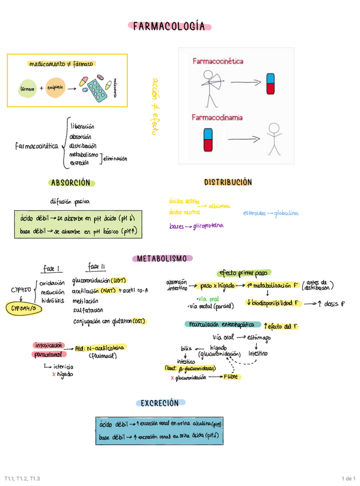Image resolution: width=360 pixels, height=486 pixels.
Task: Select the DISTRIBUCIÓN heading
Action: coord(228,182)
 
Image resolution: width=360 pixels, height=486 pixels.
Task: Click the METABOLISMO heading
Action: coord(161,258)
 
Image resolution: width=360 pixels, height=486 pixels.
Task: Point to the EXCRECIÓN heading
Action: coord(160,403)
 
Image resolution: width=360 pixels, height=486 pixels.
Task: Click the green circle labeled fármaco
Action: coord(27,89)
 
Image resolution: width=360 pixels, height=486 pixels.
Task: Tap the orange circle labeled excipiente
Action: coord(56,87)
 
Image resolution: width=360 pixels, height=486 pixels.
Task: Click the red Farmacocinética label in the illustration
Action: coord(218,61)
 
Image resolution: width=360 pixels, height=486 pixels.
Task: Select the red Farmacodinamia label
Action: coord(217,117)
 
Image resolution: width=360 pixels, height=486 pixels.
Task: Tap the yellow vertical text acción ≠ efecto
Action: coord(154,107)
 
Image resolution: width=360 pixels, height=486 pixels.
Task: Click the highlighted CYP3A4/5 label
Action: coord(24,308)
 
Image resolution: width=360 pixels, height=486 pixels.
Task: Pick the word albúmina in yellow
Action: coord(220,206)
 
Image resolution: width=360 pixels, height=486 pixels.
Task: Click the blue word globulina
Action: coord(286,213)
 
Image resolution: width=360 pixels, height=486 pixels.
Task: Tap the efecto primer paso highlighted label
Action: coord(243,273)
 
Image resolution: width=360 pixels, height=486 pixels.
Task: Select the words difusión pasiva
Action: coord(70,201)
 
